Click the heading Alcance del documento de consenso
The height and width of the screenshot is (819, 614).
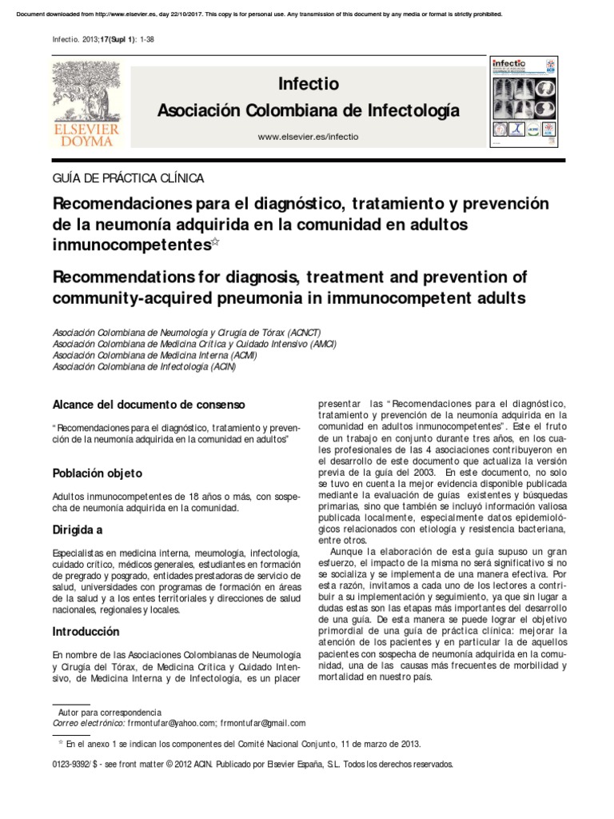tap(149, 405)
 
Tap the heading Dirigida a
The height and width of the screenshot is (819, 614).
tap(78, 529)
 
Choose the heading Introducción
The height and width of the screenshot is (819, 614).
tap(86, 631)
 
